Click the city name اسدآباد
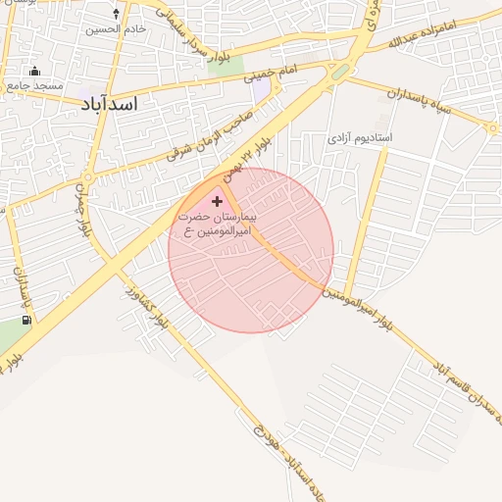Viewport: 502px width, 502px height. coord(109,102)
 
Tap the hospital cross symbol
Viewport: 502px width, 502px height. coord(217,201)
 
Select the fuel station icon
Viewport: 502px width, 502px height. coord(25,319)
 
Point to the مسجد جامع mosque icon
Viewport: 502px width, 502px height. coord(35,71)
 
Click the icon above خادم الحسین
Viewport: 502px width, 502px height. coord(117,14)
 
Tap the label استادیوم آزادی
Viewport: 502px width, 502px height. coord(359,137)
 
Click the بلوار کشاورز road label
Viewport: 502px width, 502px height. coord(154,313)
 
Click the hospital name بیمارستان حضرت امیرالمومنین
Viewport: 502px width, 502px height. coord(217,223)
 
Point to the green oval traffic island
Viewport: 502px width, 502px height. coord(339,72)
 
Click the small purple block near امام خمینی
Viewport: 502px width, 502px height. coord(261,87)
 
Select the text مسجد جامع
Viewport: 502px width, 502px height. coord(34,85)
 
